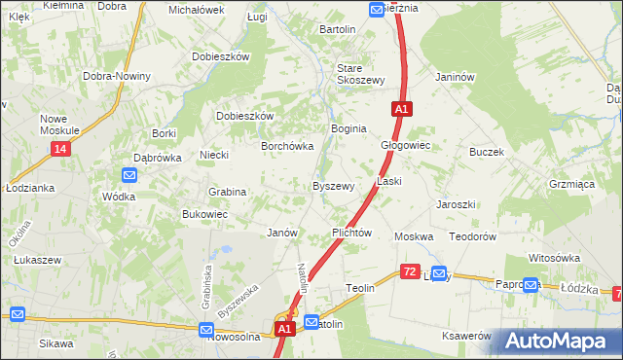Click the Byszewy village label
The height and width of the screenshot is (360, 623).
332,186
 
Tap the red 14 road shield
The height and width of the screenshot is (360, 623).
60,149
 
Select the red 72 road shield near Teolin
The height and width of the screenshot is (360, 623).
410,273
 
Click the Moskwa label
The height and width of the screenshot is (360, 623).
413,237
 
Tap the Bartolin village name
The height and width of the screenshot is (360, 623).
338,29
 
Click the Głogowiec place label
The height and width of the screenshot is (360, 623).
405,145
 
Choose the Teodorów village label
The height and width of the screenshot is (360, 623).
473,237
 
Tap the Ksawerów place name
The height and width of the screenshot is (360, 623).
466,335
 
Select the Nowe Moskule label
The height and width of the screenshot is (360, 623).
58,125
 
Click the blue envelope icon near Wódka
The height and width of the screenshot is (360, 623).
129,175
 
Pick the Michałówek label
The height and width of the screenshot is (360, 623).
196,10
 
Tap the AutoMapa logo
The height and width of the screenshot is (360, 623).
559,341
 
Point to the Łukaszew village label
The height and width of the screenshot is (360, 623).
38,261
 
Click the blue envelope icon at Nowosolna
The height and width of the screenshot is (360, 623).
207,331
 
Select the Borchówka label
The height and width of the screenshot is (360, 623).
286,146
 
